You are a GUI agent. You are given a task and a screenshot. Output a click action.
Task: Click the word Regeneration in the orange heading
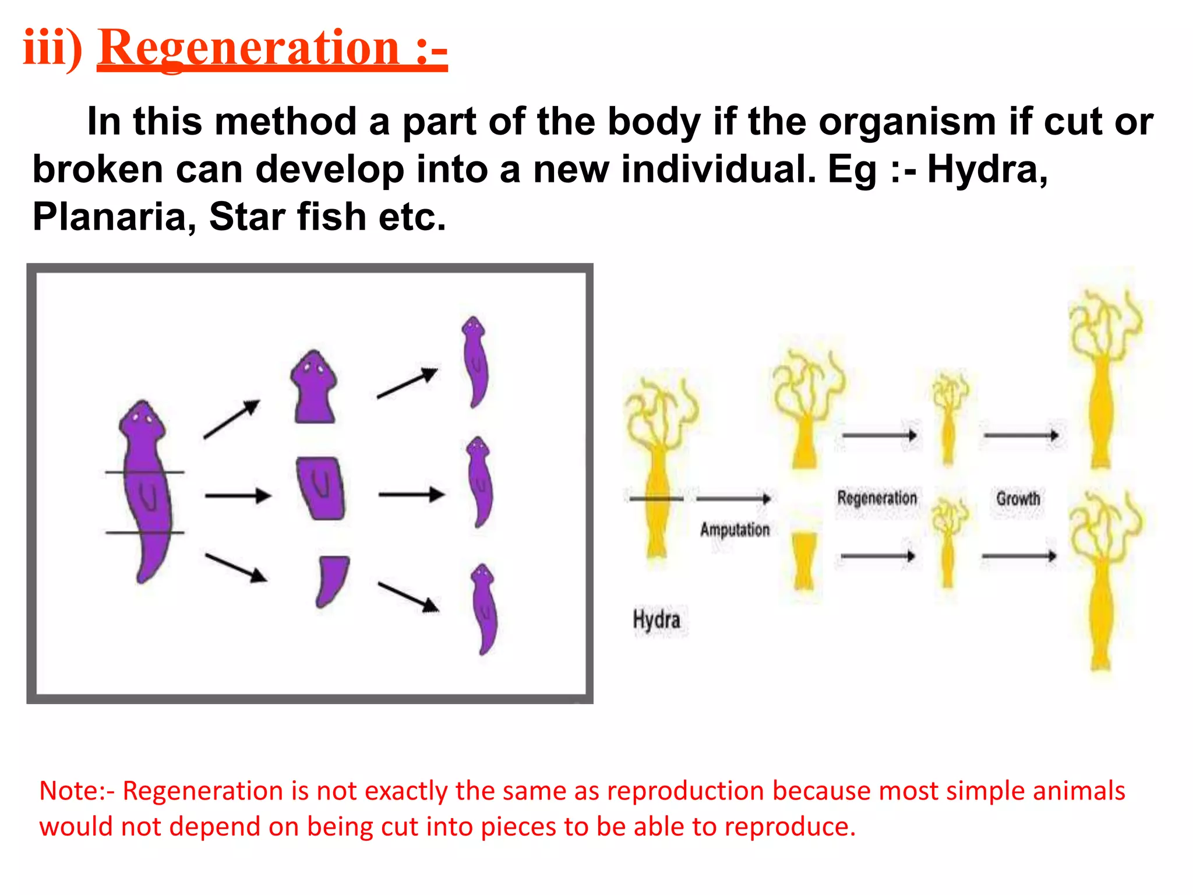click(249, 48)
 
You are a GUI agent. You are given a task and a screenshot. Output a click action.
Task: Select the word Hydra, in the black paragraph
click(987, 169)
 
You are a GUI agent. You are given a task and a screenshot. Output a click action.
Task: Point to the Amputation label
click(735, 530)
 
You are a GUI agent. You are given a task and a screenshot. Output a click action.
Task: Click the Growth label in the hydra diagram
click(1018, 499)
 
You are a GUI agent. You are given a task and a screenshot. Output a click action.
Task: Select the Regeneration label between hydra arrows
click(877, 498)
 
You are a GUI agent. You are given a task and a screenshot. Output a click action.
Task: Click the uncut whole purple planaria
click(144, 489)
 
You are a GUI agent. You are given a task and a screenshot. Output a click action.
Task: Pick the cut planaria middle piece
click(320, 488)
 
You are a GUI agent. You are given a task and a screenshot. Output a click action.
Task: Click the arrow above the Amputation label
click(733, 499)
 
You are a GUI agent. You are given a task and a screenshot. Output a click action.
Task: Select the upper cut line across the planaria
click(144, 472)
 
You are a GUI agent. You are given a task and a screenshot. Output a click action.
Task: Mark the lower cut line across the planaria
click(144, 533)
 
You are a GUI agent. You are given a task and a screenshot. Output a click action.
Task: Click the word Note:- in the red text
click(77, 791)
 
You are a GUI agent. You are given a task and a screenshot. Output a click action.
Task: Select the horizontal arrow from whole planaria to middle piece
click(238, 496)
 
